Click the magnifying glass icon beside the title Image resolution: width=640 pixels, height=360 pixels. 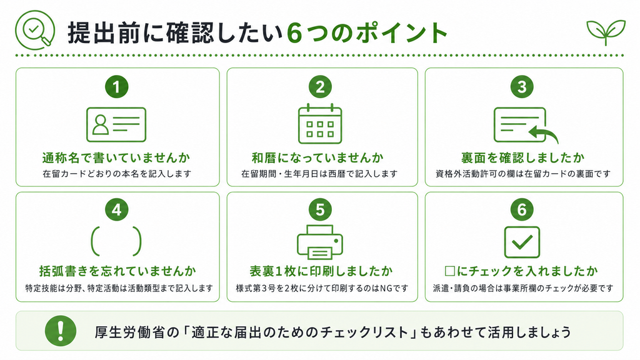point(35,30)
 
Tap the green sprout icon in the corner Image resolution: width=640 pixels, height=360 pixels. point(606,32)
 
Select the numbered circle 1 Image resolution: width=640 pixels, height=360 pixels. point(117,87)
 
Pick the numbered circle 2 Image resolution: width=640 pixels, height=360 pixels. point(320,87)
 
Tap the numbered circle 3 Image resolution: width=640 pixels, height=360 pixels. point(522,87)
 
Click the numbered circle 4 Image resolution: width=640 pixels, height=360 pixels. point(117,210)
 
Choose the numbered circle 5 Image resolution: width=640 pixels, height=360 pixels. point(320,210)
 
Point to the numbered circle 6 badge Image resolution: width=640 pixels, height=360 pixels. point(522,210)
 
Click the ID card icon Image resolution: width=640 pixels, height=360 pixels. point(116,124)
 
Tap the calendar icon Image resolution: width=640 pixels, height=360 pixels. point(320,124)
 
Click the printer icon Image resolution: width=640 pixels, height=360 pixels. point(320,242)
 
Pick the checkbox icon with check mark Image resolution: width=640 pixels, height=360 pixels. point(522,242)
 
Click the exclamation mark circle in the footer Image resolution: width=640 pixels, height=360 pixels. point(61,331)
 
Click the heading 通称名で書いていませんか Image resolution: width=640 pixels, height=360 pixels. point(116,157)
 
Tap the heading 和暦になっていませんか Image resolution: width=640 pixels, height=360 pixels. point(317,157)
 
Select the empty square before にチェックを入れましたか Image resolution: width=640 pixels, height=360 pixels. point(450,271)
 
